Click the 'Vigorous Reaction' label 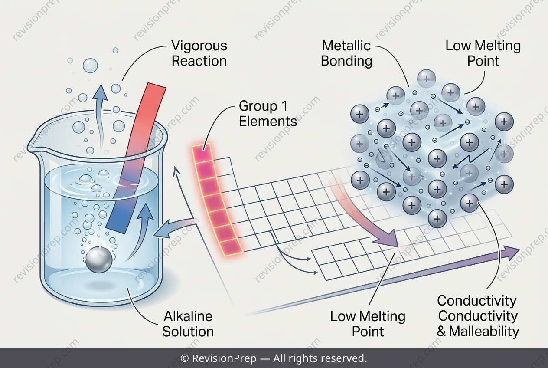click(199, 53)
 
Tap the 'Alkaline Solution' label click(188, 324)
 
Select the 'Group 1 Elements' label click(267, 114)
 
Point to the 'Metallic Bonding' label click(347, 53)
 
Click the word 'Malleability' click(484, 331)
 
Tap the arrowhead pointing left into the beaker click(160, 232)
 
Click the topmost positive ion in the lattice click(427, 79)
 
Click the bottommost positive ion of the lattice click(437, 218)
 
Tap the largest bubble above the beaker click(90, 66)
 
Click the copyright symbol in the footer click(185, 359)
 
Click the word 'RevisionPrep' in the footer click(224, 358)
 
